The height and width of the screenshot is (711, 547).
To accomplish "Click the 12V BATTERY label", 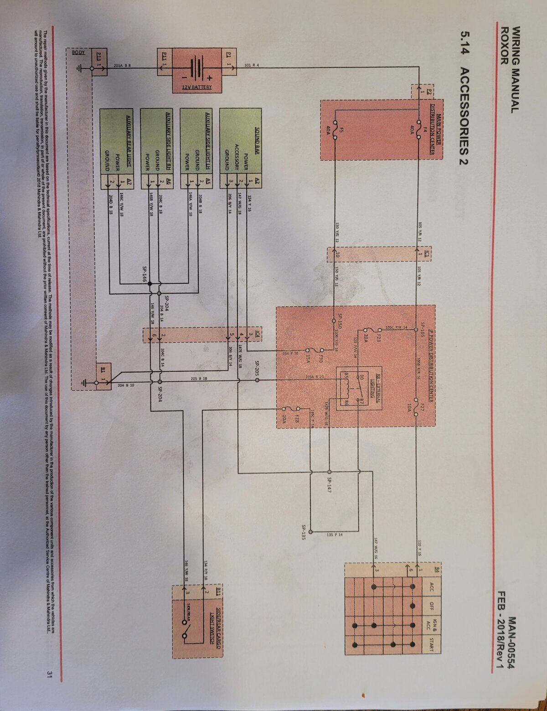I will click(x=197, y=87).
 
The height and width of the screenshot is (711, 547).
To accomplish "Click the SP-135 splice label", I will click(x=304, y=532).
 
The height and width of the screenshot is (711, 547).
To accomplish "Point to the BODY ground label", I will click(x=78, y=52).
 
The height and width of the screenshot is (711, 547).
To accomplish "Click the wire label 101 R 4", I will click(x=252, y=65).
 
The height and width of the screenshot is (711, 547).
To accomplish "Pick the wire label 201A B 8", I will click(x=122, y=66).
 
